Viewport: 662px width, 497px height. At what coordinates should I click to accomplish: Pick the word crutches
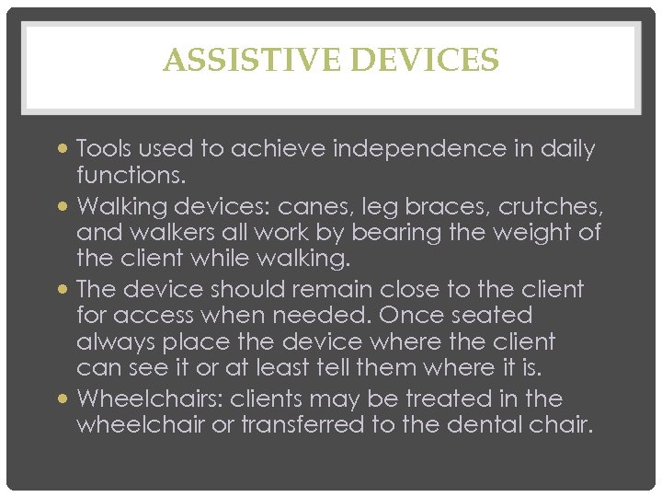point(548,204)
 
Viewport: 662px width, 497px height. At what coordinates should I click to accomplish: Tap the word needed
point(327,315)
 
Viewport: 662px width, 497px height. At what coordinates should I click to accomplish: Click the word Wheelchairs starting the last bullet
point(149,399)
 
